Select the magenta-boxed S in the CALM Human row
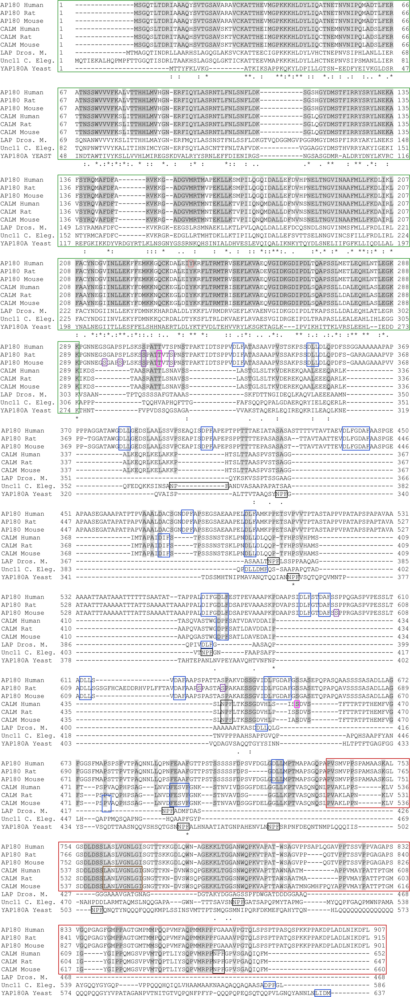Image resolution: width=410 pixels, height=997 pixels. point(297,704)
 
